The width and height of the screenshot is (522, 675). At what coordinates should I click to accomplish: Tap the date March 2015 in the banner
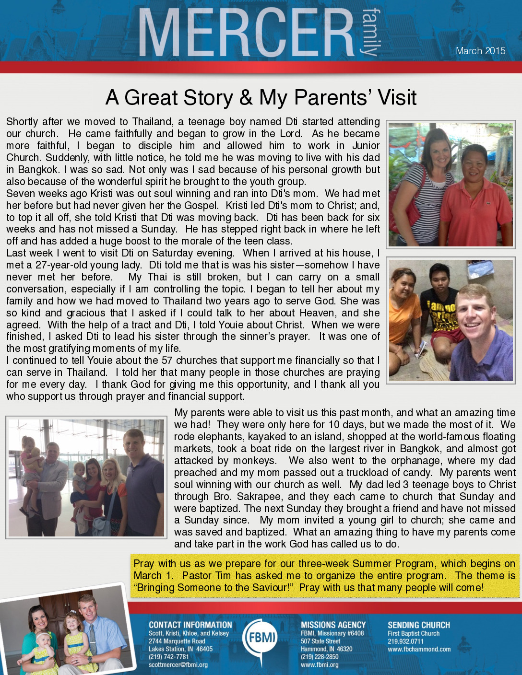[x=480, y=51]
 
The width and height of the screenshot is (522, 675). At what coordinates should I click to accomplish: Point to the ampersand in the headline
[x=246, y=98]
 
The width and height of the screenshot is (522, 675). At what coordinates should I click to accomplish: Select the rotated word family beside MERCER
[x=371, y=32]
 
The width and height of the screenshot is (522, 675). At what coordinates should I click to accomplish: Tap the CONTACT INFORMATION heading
[x=190, y=625]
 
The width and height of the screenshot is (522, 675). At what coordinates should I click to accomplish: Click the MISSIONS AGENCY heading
[x=333, y=625]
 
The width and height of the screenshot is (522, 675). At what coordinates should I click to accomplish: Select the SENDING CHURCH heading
[x=418, y=625]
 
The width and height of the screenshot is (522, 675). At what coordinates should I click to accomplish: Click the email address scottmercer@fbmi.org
[x=178, y=665]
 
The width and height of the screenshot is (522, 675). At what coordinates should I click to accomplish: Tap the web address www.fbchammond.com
[x=419, y=650]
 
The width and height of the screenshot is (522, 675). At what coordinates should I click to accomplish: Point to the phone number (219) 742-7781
[x=168, y=657]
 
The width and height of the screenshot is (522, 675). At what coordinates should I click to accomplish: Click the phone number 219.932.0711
[x=405, y=641]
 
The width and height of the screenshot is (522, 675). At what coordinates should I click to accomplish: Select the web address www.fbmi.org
[x=320, y=665]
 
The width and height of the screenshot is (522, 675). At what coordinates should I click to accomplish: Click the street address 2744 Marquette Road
[x=177, y=641]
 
